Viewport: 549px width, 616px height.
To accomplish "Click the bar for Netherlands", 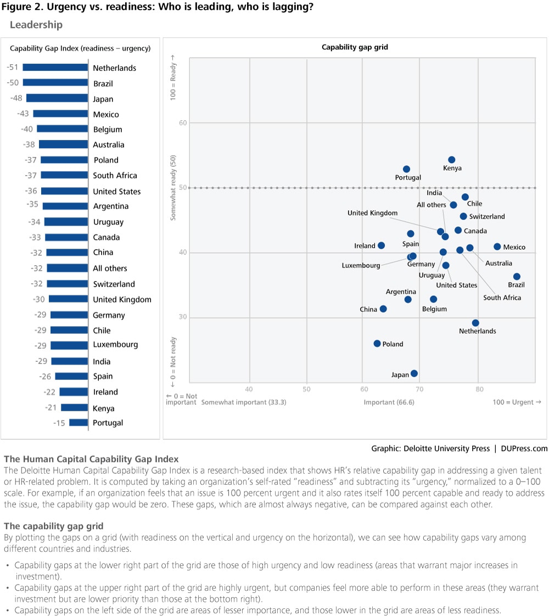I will [55, 68].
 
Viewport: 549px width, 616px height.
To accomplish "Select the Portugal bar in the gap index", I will [79, 423].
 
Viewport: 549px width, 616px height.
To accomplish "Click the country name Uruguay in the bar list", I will [108, 222].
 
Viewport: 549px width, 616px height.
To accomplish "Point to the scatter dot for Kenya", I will [451, 160].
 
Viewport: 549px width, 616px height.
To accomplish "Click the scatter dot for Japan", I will [414, 373].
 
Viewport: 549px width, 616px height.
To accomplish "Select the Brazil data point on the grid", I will [517, 277].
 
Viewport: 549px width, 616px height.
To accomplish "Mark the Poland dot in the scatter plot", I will [377, 344].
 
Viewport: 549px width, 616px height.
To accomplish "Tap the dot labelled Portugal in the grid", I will [406, 169].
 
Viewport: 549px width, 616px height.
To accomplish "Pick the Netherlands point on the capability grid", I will [475, 323].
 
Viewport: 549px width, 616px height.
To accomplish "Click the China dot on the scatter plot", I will [383, 309].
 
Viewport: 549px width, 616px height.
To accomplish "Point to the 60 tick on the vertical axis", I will [183, 123].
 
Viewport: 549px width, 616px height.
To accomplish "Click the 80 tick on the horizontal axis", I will [479, 389].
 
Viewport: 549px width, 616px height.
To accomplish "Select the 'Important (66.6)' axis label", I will [389, 402].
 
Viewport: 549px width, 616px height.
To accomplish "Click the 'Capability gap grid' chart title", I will [355, 47].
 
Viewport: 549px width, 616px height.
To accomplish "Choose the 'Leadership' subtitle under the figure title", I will [36, 25].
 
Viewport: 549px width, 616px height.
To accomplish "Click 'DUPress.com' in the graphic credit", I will [524, 449].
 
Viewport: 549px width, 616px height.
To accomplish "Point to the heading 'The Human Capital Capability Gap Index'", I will [91, 459].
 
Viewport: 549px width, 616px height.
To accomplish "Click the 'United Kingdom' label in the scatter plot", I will [372, 213].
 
